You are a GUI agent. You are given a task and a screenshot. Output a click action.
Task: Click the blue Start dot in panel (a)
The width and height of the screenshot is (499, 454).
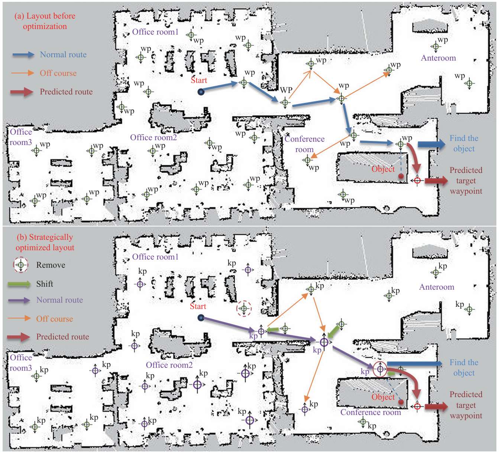coord(201,92)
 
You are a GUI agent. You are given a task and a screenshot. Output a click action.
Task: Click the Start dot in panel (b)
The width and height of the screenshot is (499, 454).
coord(201,318)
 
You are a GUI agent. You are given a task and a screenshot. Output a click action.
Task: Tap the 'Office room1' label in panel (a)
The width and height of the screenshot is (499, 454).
coord(155,32)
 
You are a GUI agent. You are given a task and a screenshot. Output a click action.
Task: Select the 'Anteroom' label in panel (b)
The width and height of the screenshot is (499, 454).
coord(437,287)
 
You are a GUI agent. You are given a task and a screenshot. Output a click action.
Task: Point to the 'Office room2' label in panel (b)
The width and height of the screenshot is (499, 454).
coord(169,365)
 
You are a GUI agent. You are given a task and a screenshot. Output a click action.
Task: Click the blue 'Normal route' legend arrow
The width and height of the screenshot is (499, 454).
coord(23,55)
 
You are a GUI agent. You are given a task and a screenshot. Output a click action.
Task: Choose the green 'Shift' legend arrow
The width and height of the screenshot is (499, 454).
coord(19,284)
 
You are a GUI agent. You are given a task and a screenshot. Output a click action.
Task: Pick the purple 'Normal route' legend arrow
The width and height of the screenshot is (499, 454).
coord(19,300)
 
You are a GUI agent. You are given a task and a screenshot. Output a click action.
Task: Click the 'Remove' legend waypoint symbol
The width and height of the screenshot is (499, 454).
coord(21,265)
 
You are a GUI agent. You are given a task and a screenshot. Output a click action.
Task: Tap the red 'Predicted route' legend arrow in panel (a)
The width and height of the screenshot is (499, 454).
coord(22,92)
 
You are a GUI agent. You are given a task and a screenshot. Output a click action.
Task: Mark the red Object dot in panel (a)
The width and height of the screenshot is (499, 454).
coord(401,176)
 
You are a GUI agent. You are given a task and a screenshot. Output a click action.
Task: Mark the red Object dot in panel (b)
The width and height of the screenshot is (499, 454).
coord(401,402)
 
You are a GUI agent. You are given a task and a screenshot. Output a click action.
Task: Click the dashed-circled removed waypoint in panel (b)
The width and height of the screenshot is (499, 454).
coord(244,308)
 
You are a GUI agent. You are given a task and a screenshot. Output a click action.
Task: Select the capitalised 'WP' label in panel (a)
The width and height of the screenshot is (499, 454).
coord(286,90)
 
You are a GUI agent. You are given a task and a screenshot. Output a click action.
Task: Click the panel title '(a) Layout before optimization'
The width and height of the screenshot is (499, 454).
coord(45,21)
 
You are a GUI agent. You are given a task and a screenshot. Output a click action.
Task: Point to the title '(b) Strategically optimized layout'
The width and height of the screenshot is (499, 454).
coord(45,242)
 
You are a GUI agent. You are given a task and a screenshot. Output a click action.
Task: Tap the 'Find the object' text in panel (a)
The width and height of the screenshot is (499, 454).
coord(464,144)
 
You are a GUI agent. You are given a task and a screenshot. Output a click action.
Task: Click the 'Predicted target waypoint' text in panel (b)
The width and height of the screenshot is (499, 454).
coord(466,405)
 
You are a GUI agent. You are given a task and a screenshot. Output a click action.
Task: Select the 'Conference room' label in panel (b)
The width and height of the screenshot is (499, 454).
coord(370,412)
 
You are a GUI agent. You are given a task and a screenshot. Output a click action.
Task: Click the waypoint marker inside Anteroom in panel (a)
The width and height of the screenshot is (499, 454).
coord(435,47)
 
